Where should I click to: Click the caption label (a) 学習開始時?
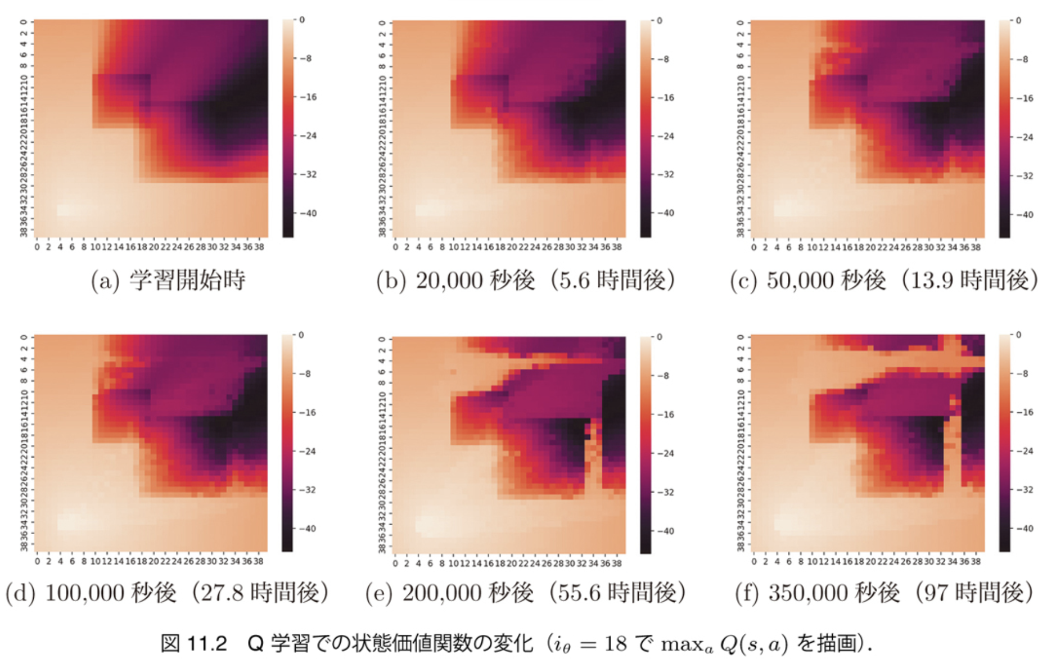pos(168,280)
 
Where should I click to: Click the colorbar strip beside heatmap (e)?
pos(645,444)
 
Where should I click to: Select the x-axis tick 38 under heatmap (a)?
pos(259,247)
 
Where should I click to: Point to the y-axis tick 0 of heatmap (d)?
pos(24,337)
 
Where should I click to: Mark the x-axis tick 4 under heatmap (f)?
pos(777,561)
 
